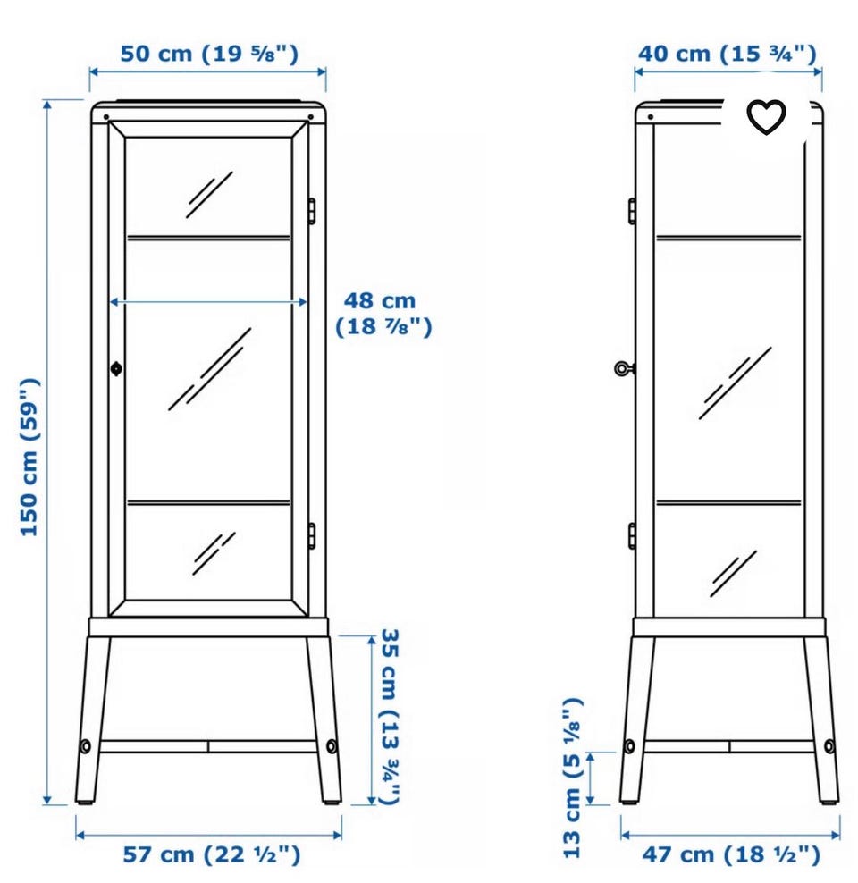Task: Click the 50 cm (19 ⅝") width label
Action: tap(209, 54)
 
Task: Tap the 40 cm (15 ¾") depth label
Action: tap(727, 54)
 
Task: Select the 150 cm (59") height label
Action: tap(29, 458)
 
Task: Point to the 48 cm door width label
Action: tap(383, 314)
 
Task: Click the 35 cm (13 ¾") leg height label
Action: tap(391, 716)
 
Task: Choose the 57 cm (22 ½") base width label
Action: tap(212, 854)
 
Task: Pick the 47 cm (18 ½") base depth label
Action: tap(731, 854)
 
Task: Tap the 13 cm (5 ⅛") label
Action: tap(572, 778)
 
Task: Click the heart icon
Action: tap(766, 116)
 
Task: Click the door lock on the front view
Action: tap(116, 369)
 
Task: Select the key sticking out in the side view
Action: tap(625, 369)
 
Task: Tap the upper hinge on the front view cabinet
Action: tap(311, 211)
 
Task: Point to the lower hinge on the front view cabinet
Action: tap(311, 535)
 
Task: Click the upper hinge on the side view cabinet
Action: tap(632, 211)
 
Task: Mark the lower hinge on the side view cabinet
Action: tap(632, 535)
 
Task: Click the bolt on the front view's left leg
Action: tap(85, 747)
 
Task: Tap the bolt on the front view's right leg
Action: tap(332, 747)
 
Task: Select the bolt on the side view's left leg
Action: tap(629, 747)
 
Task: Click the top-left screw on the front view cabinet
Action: tap(106, 117)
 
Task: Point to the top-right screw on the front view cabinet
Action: tap(311, 117)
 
